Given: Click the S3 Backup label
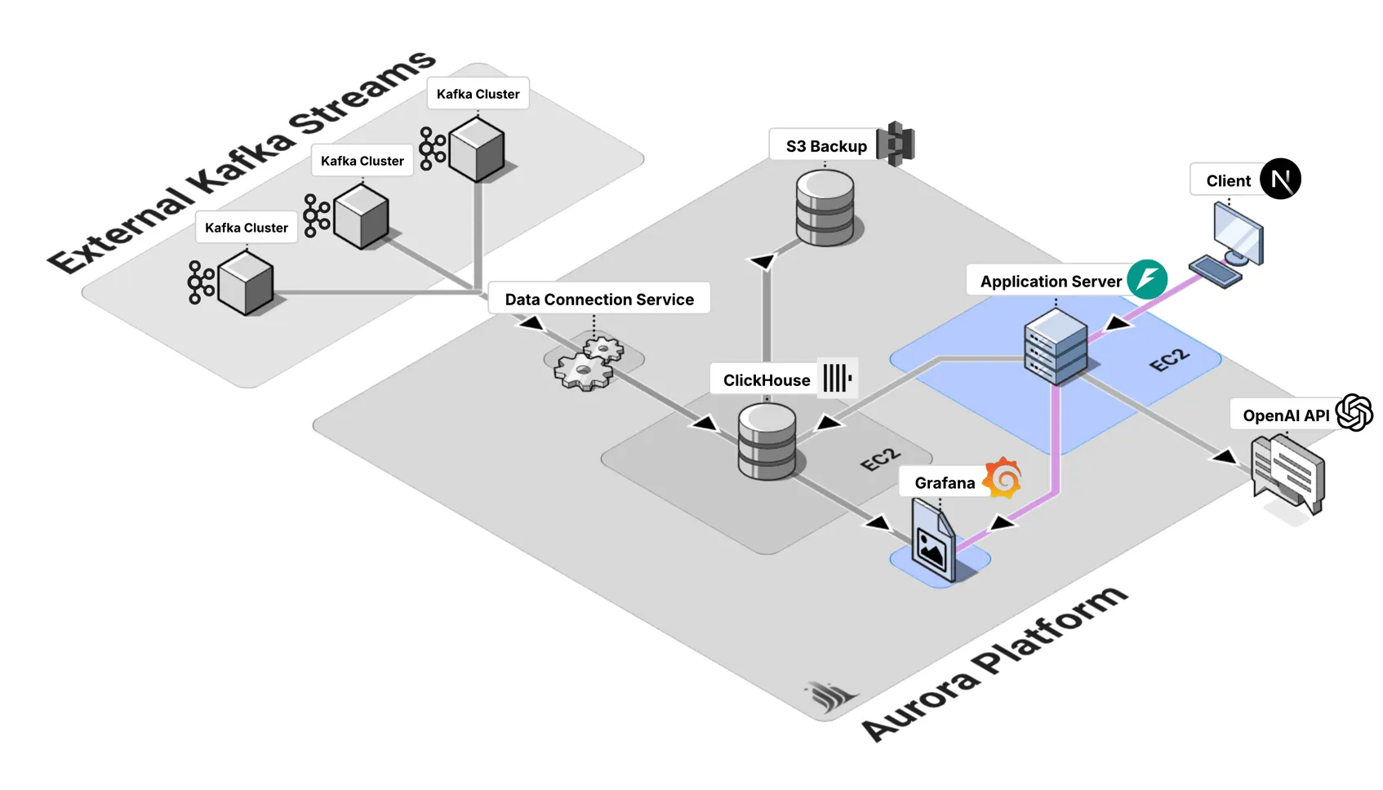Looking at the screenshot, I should pyautogui.click(x=825, y=146).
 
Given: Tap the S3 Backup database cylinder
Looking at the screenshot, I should pyautogui.click(x=825, y=208).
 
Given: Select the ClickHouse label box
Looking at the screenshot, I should pyautogui.click(x=766, y=379).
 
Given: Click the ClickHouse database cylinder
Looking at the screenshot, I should pyautogui.click(x=767, y=442).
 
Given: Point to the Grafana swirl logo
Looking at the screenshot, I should pyautogui.click(x=1003, y=477).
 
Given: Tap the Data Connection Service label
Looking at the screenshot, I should pyautogui.click(x=598, y=299).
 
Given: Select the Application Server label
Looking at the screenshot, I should pyautogui.click(x=1050, y=281).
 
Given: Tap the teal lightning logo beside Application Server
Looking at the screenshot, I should pyautogui.click(x=1147, y=279).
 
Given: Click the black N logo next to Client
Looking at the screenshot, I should pyautogui.click(x=1280, y=179).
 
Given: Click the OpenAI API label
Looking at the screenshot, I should pyautogui.click(x=1285, y=415).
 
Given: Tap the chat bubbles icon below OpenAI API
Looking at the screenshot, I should pyautogui.click(x=1288, y=474).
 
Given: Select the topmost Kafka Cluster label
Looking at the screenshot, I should pyautogui.click(x=478, y=94).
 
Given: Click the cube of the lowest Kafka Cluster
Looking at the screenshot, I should pyautogui.click(x=246, y=282).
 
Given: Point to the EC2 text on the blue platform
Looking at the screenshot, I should pyautogui.click(x=1169, y=359).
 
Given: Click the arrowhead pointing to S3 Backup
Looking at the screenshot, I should pyautogui.click(x=763, y=261).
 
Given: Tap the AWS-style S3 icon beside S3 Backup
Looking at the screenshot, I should pyautogui.click(x=896, y=144).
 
